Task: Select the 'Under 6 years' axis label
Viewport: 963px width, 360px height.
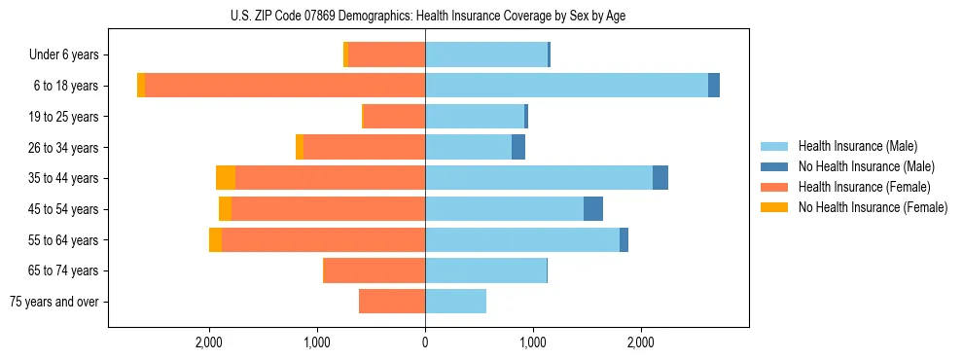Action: coord(70,55)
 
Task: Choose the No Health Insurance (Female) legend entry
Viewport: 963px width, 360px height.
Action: coord(873,207)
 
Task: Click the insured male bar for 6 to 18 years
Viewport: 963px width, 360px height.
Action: coord(566,86)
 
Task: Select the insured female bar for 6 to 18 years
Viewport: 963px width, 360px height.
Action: coord(285,86)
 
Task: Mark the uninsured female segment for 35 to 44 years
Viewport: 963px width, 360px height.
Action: coord(226,178)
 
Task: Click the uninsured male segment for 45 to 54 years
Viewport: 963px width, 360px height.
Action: coord(593,209)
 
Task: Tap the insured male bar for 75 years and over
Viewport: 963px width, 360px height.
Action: coord(455,302)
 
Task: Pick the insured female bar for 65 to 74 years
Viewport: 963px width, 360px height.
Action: coord(374,270)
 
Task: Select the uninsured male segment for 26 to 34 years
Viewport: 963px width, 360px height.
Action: coord(518,147)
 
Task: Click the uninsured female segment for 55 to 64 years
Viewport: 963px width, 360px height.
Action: coord(215,240)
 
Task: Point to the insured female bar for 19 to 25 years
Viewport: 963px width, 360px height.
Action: coord(394,117)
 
